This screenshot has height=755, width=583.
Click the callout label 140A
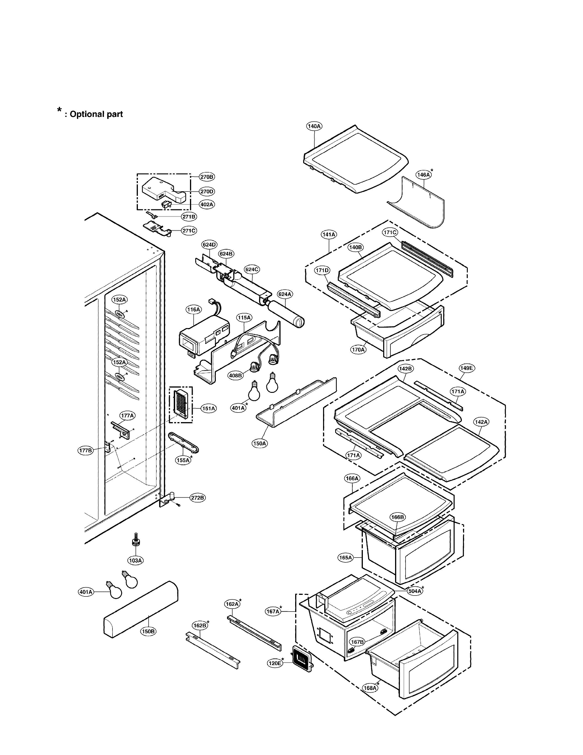pyautogui.click(x=314, y=126)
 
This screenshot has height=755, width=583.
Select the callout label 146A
pyautogui.click(x=423, y=175)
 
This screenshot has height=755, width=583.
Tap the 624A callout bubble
pyautogui.click(x=285, y=294)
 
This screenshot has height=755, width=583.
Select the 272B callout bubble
pyautogui.click(x=198, y=498)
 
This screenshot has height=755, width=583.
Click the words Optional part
pyautogui.click(x=96, y=114)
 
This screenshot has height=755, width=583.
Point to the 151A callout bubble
pyautogui.click(x=209, y=409)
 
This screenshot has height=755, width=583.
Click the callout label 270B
pyautogui.click(x=207, y=177)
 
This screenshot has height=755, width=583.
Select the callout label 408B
pyautogui.click(x=235, y=375)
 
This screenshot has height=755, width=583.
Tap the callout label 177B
pyautogui.click(x=85, y=450)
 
